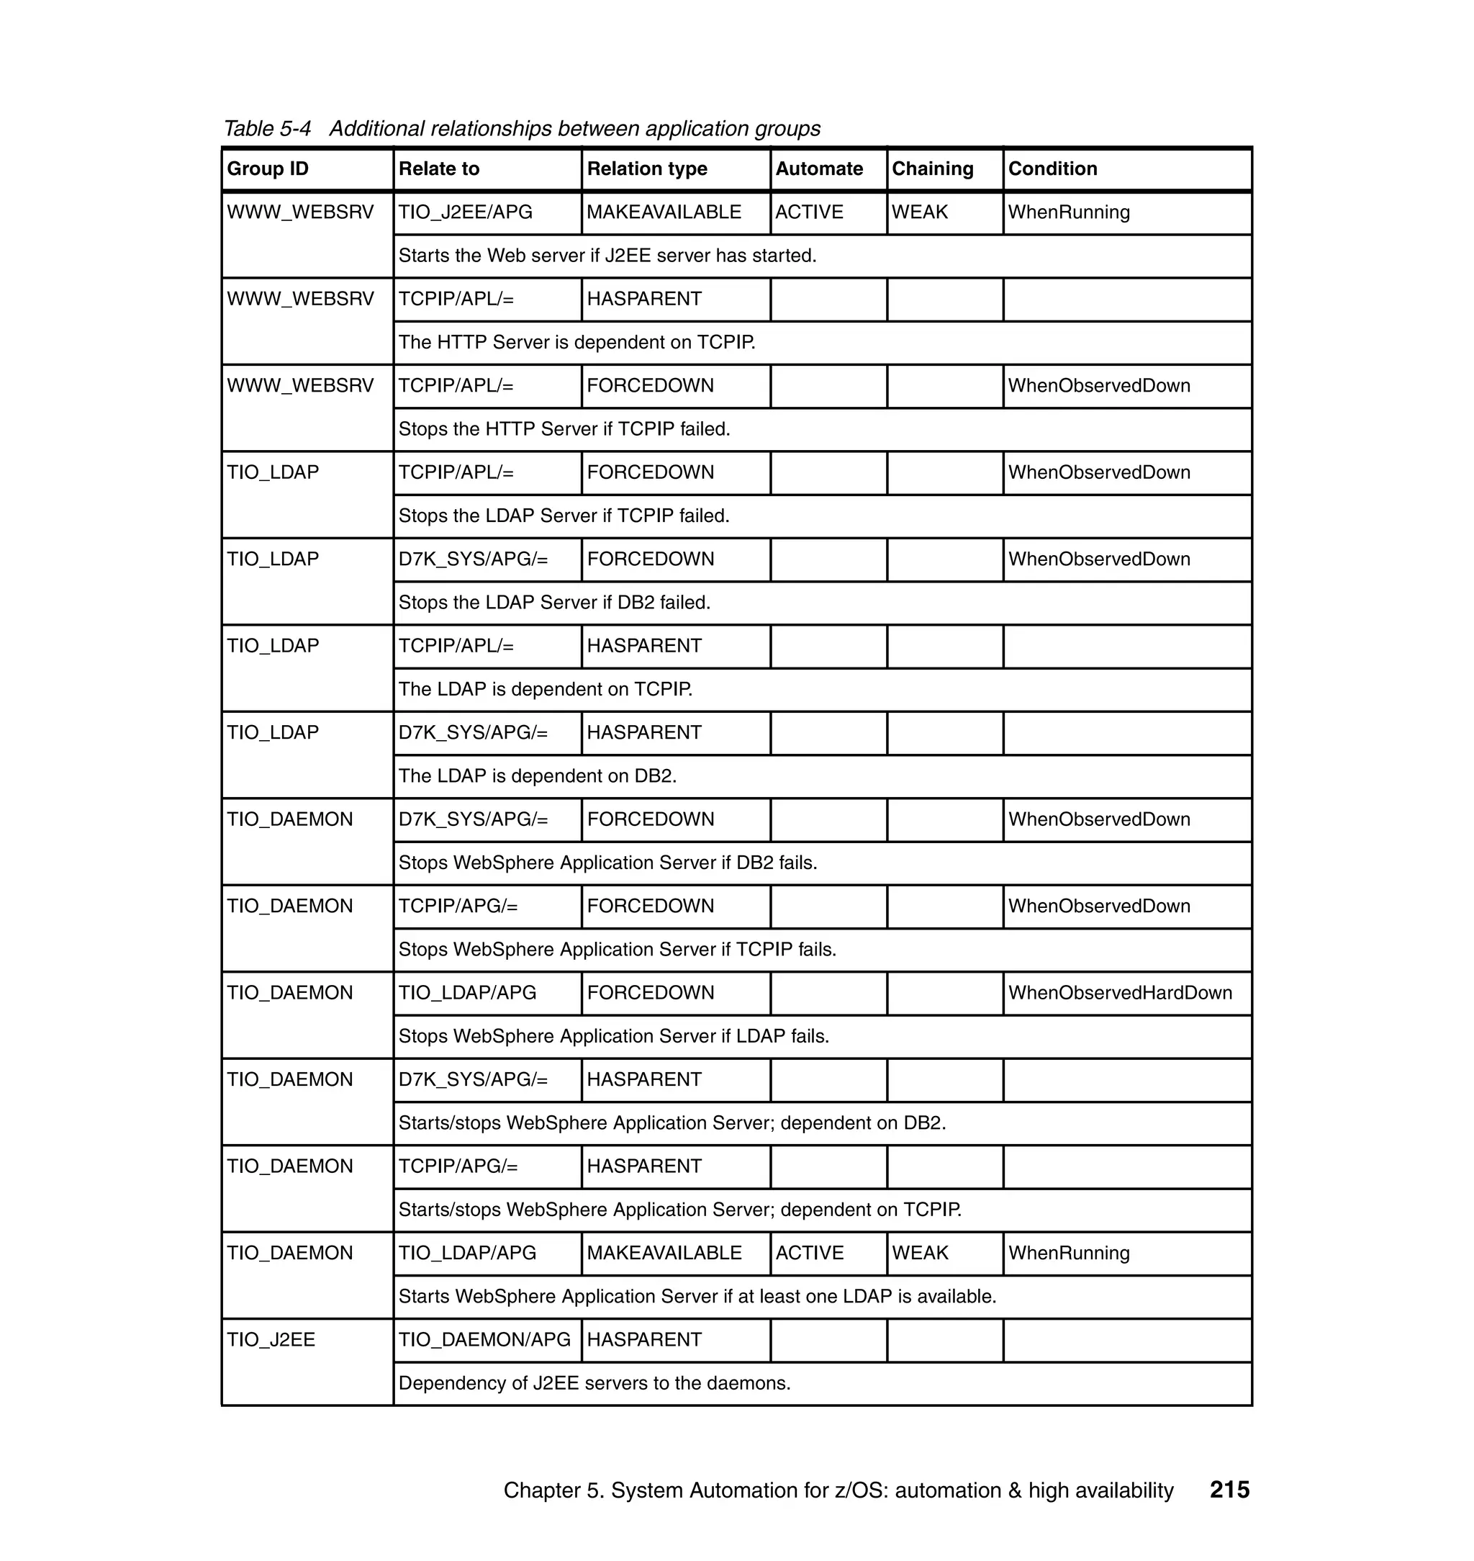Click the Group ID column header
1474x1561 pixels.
[x=268, y=169]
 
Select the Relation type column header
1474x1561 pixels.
[x=646, y=169]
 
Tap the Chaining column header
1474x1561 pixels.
[x=932, y=169]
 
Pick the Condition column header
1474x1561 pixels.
[x=1052, y=169]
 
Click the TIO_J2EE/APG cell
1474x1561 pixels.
[x=465, y=212]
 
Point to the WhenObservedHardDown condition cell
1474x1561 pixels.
[x=1120, y=993]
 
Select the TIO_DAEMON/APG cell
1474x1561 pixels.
[x=484, y=1339]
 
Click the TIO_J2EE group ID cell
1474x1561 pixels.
[x=271, y=1339]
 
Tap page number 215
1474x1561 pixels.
[x=1229, y=1490]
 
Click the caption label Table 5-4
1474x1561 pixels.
[x=267, y=128]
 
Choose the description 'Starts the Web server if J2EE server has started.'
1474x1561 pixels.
[x=607, y=256]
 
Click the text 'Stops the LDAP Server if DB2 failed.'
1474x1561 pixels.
[x=554, y=602]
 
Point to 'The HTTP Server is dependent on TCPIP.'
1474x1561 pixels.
[x=577, y=342]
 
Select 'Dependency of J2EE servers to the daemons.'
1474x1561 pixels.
[x=594, y=1382]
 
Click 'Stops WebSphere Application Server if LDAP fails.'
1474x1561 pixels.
[x=614, y=1036]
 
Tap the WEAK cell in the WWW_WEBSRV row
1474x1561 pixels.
[x=919, y=212]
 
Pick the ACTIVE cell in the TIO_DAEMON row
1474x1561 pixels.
[x=809, y=1253]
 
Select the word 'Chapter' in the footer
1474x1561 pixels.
[x=541, y=1490]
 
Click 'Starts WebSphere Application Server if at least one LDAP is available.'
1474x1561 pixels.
[x=697, y=1296]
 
